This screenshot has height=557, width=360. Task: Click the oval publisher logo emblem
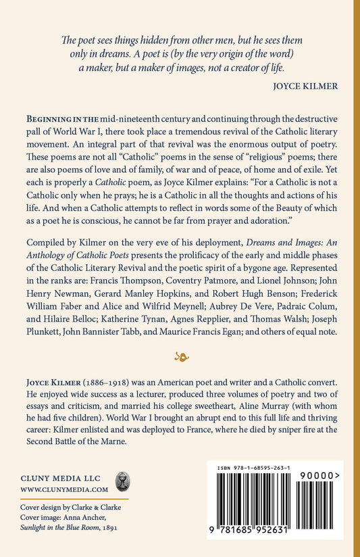pyautogui.click(x=123, y=481)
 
